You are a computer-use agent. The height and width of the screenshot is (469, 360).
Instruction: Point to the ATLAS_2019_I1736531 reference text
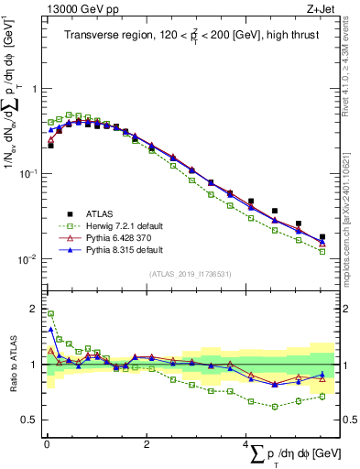190,274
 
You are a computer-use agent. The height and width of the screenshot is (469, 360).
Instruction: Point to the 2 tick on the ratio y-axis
34,307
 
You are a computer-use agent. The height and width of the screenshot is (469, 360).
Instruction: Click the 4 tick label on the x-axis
245,443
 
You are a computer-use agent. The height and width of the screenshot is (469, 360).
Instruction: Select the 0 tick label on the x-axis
46,443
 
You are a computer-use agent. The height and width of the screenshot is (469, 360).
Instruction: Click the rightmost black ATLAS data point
322,237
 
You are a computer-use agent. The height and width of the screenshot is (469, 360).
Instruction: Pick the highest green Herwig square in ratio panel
50,313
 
